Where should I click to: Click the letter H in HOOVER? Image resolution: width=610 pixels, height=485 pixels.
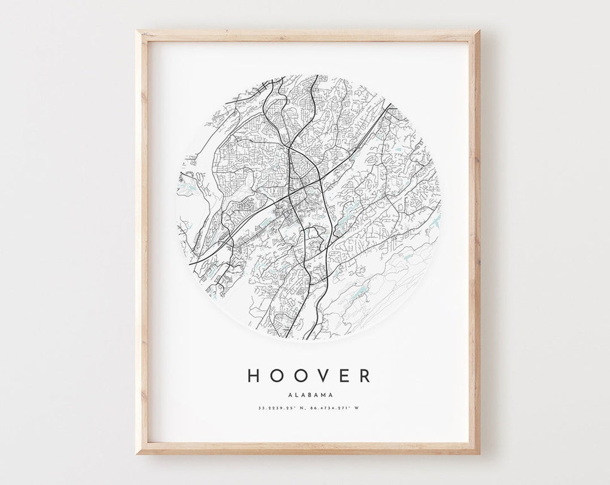coord(253,375)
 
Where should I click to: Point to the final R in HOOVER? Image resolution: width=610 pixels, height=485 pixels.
coord(364,375)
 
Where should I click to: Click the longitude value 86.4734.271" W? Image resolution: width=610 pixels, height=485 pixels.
coord(337,410)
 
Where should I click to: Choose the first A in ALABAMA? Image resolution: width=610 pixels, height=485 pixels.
coord(289,394)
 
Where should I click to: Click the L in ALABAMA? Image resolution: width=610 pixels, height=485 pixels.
coord(295,394)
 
